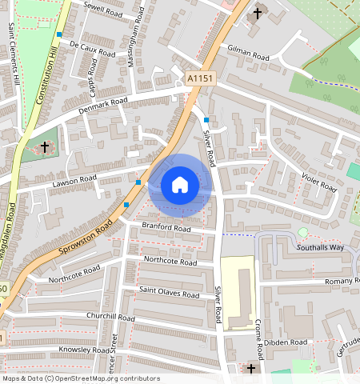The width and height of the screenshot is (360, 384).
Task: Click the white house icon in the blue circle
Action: coord(180,185)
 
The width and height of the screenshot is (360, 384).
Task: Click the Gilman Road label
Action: coord(249,54)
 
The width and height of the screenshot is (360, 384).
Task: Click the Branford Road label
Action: coord(166,228)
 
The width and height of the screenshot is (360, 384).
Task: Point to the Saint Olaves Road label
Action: coord(169,294)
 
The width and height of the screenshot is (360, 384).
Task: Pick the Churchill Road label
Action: coord(111,318)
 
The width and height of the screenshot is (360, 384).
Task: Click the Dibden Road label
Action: coord(288,342)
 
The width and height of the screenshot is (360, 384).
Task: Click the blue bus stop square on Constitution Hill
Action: coord(60,34)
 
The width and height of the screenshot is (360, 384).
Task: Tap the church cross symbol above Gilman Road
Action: coord(258,14)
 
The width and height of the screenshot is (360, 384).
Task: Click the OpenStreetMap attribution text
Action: coord(80,378)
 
